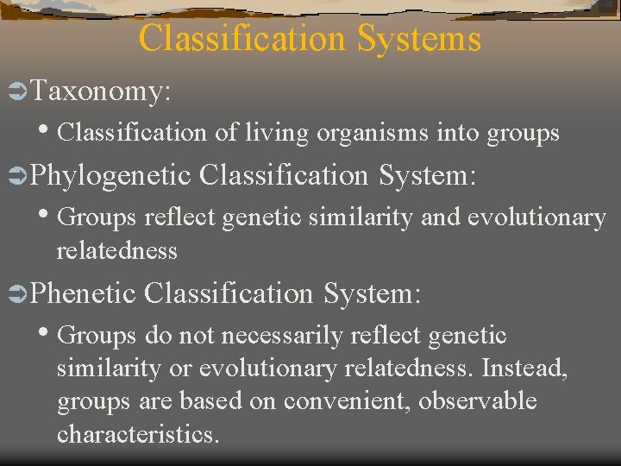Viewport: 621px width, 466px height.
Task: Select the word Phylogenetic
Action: [x=110, y=175]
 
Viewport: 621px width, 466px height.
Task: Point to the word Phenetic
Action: [x=84, y=293]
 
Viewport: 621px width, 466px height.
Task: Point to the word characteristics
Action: [x=138, y=434]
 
